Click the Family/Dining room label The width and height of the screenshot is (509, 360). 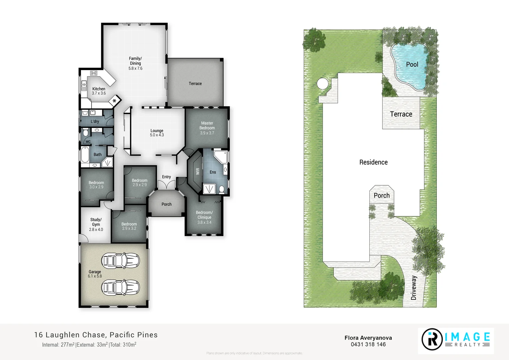click(135, 63)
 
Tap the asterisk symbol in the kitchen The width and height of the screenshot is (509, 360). click(114, 100)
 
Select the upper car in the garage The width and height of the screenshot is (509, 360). click(120, 261)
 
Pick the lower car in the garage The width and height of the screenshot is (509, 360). click(120, 287)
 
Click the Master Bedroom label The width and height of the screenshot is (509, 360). click(207, 128)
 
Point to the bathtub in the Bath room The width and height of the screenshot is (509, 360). click(85, 155)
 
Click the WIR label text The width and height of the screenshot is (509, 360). click(198, 171)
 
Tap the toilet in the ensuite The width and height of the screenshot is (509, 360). click(222, 190)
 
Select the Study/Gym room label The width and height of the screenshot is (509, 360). click(96, 224)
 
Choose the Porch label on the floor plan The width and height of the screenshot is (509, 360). click(166, 204)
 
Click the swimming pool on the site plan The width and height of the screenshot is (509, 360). click(410, 65)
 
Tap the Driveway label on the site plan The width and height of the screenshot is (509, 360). click(414, 288)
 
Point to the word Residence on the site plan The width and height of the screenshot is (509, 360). click(373, 162)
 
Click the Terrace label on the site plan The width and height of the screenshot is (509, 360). click(401, 114)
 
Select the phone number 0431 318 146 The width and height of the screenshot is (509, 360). click(368, 345)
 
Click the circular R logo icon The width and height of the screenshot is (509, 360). click(432, 339)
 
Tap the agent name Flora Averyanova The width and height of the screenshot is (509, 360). click(368, 338)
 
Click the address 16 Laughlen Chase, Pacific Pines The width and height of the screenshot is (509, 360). click(96, 335)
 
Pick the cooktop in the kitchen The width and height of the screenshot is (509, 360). click(94, 73)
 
